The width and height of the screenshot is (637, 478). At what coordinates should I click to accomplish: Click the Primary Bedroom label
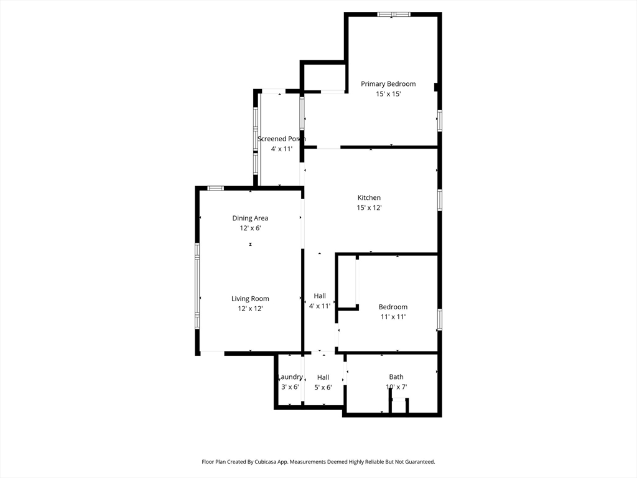[388, 84]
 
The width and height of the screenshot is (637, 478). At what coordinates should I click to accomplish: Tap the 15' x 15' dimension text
[388, 94]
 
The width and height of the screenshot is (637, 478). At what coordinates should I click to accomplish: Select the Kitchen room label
[369, 198]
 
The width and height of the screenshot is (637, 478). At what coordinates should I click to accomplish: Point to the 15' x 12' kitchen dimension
[369, 208]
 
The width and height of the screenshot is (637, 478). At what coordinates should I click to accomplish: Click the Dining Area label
[250, 218]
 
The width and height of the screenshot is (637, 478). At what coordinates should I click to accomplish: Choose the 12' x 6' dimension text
[250, 228]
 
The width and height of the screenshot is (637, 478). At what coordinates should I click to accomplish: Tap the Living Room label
[250, 299]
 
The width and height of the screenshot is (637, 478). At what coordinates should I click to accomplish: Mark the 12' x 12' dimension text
[250, 309]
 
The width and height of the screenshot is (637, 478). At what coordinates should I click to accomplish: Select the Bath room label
[396, 377]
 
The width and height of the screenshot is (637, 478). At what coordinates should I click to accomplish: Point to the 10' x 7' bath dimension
[396, 387]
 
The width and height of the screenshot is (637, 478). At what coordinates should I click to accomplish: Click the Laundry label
[291, 377]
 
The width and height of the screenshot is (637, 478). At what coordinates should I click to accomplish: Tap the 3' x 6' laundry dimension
[290, 387]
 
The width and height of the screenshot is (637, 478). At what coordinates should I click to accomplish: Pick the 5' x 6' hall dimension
[323, 387]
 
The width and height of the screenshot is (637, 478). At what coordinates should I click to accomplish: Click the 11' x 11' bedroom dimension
[393, 317]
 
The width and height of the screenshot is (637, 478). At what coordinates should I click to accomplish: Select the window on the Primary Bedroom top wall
[394, 14]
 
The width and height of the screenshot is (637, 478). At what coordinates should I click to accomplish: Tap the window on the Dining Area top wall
[216, 188]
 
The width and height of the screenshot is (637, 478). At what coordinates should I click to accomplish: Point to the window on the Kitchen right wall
[439, 200]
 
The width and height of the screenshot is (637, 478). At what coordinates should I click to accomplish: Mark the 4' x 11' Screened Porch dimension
[281, 149]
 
